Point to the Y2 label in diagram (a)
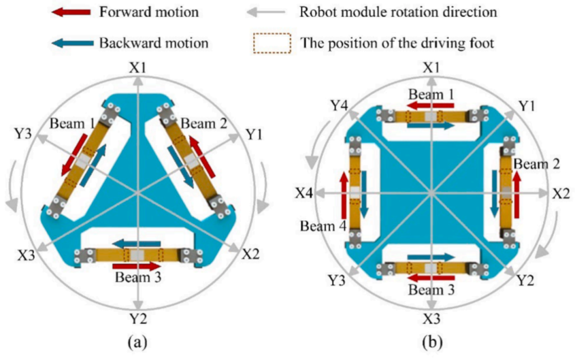(x=138, y=317)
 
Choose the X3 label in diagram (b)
(x=431, y=318)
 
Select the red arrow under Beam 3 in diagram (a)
(x=138, y=265)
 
